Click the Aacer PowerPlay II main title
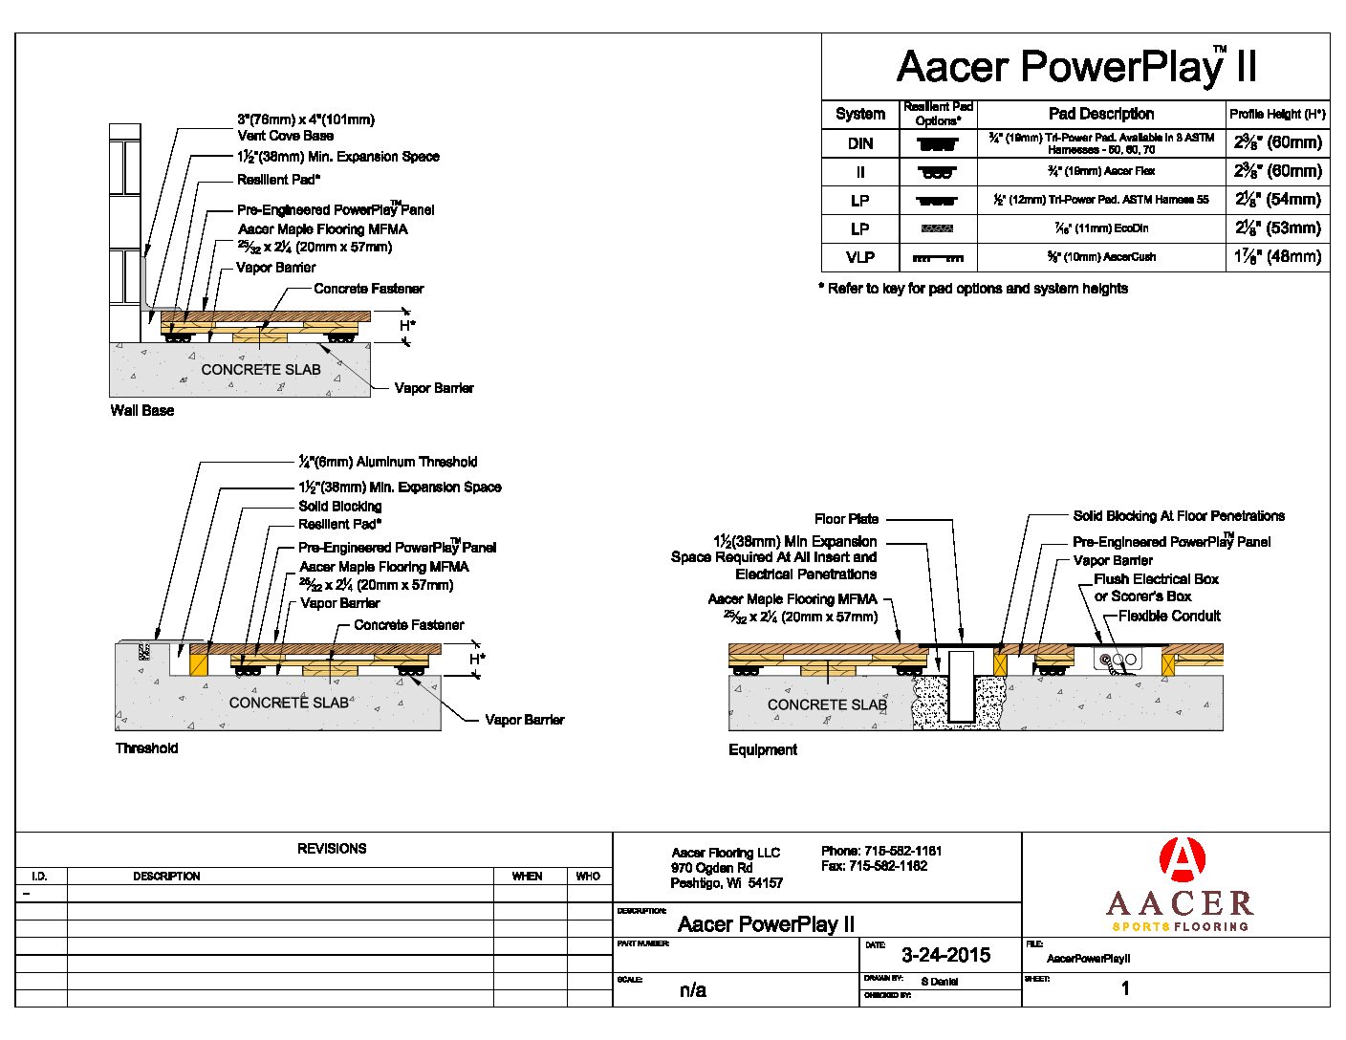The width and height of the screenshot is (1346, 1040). pyautogui.click(x=1075, y=67)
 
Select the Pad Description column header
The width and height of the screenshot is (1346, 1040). pyautogui.click(x=1100, y=114)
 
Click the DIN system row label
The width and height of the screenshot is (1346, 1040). pyautogui.click(x=860, y=143)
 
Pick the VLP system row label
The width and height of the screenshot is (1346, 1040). pyautogui.click(x=860, y=257)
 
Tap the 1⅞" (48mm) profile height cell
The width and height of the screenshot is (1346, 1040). pyautogui.click(x=1277, y=257)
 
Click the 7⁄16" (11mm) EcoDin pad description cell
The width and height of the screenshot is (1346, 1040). pyautogui.click(x=1101, y=228)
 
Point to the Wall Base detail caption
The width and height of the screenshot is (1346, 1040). pyautogui.click(x=142, y=411)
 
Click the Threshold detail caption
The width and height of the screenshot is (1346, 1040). pyautogui.click(x=146, y=748)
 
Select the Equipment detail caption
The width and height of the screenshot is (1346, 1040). pyautogui.click(x=762, y=750)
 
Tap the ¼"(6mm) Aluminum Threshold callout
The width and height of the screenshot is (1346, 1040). pyautogui.click(x=387, y=462)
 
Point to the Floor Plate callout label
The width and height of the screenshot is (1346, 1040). pyautogui.click(x=846, y=519)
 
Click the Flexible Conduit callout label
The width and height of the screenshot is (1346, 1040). pyautogui.click(x=1169, y=617)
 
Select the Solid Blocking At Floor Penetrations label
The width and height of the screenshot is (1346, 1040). pyautogui.click(x=1178, y=516)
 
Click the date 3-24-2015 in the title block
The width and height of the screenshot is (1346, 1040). pyautogui.click(x=945, y=955)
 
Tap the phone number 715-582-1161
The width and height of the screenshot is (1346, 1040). pyautogui.click(x=902, y=851)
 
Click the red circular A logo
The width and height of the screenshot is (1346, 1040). pyautogui.click(x=1182, y=859)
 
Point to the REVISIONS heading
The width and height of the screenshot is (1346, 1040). pyautogui.click(x=332, y=849)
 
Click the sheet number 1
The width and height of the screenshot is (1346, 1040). pyautogui.click(x=1125, y=988)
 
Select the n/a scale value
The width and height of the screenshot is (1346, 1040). pyautogui.click(x=693, y=990)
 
